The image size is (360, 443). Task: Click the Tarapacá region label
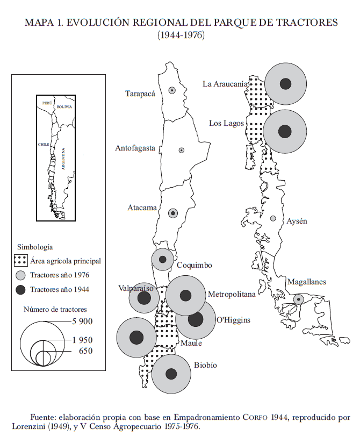[140, 94]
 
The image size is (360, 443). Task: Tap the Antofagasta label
[135, 148]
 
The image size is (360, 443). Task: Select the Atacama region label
[142, 208]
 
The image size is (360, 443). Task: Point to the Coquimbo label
[194, 266]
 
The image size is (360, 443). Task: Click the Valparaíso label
[136, 289]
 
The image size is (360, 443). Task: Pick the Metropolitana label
[232, 294]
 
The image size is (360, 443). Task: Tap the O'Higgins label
[233, 320]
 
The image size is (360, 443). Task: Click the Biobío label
[205, 365]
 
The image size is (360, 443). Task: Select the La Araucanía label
[226, 84]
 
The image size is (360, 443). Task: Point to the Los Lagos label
[226, 124]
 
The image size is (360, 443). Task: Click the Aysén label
[297, 221]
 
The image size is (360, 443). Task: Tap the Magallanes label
[306, 282]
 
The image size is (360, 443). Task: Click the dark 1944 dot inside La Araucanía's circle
[286, 84]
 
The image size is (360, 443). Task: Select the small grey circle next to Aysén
[273, 219]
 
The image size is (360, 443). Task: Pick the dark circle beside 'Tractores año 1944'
[20, 290]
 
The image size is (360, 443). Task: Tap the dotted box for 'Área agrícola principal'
[20, 261]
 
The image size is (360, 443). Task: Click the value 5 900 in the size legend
[82, 321]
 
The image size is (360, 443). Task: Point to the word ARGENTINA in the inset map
[63, 159]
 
